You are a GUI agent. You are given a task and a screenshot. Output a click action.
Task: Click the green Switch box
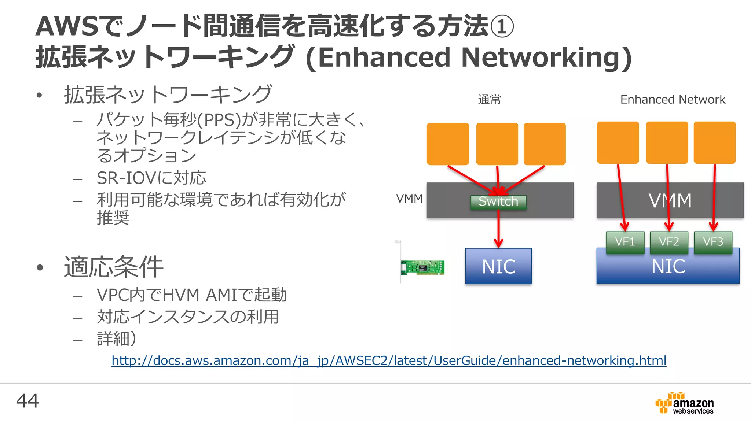498,202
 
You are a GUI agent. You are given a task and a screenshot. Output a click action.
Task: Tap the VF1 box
625,242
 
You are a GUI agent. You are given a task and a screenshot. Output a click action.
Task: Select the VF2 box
669,242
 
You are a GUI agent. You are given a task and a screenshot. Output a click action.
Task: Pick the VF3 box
713,242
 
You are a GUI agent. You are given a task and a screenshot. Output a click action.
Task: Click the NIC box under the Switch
498,266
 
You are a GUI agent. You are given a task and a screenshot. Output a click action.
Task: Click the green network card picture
422,267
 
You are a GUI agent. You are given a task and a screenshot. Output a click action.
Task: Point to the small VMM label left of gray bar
409,199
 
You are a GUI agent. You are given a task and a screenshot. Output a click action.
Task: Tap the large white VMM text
670,201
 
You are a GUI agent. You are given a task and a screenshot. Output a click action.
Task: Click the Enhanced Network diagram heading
673,100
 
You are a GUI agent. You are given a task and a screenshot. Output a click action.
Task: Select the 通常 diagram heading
489,100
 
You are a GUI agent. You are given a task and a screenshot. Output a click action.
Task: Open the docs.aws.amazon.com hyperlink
389,361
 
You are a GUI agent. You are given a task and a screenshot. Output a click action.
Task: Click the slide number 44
27,401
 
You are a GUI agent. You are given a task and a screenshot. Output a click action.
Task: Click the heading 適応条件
114,267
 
